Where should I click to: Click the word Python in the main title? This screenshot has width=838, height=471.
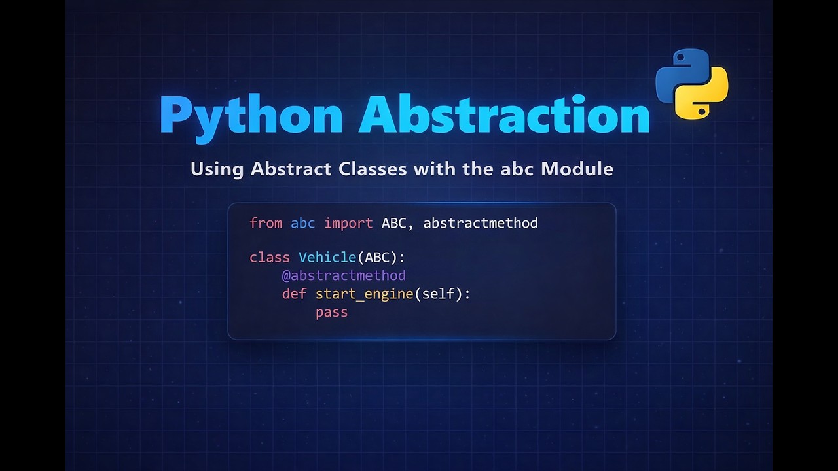pyautogui.click(x=251, y=116)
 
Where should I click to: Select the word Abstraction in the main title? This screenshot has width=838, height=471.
pyautogui.click(x=504, y=114)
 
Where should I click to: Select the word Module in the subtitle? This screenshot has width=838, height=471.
pyautogui.click(x=577, y=169)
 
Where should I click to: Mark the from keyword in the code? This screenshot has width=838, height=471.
pyautogui.click(x=266, y=223)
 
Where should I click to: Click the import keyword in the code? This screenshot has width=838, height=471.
pyautogui.click(x=348, y=223)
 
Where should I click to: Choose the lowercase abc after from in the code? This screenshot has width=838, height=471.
pyautogui.click(x=302, y=223)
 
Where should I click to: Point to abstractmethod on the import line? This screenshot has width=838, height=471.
pyautogui.click(x=480, y=223)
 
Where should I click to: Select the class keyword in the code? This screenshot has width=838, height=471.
pyautogui.click(x=269, y=257)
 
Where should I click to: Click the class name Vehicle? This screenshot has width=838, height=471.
pyautogui.click(x=327, y=257)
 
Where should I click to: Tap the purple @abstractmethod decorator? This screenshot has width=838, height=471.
pyautogui.click(x=343, y=275)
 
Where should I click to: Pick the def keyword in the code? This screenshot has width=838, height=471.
pyautogui.click(x=294, y=294)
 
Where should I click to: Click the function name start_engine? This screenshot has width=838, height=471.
pyautogui.click(x=364, y=294)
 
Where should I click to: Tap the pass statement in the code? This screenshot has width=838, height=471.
pyautogui.click(x=331, y=312)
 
